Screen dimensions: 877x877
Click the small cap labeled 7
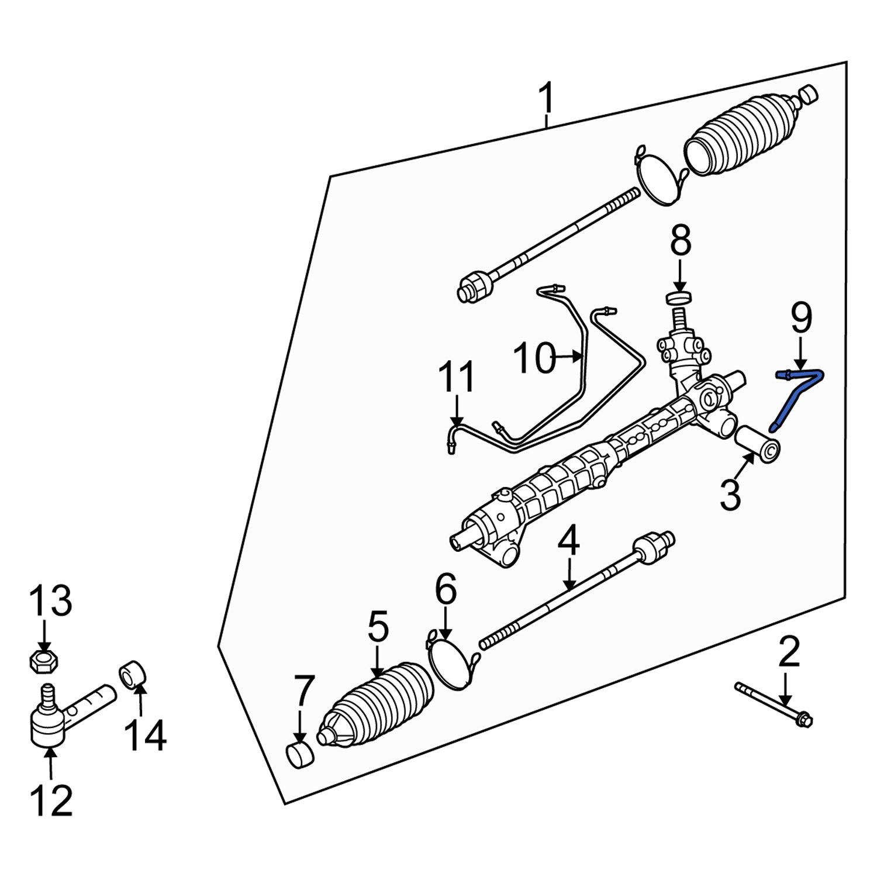pyautogui.click(x=299, y=754)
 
